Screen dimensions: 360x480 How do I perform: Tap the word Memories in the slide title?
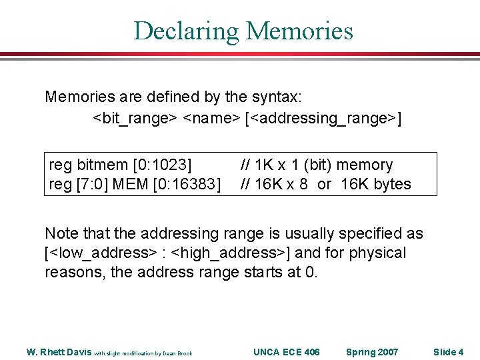(x=299, y=31)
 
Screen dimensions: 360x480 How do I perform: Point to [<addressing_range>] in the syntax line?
(x=323, y=118)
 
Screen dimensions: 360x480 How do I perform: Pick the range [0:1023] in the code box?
(x=163, y=165)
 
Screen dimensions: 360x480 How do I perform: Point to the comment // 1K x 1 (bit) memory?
(x=316, y=165)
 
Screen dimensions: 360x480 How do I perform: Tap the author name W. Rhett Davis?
(x=59, y=352)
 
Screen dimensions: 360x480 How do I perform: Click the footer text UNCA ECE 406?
(x=287, y=352)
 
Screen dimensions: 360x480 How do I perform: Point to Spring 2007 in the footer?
(x=372, y=352)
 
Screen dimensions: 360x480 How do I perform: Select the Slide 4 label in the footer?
(x=448, y=352)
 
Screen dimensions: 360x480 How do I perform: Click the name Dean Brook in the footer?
(x=179, y=353)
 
